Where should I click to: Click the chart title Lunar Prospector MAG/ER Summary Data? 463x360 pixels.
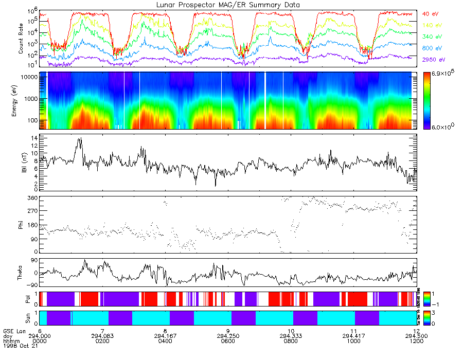(228, 5)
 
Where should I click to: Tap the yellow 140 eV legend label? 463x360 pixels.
(430, 25)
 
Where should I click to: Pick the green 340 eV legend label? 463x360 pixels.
(430, 37)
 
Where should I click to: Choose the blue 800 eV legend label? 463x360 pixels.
(430, 48)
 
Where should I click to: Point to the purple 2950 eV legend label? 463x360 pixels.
(432, 60)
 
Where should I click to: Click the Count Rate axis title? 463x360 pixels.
(21, 40)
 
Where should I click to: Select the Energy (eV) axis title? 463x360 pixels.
(21, 101)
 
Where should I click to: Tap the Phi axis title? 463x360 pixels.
(21, 224)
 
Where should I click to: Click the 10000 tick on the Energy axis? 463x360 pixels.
(28, 77)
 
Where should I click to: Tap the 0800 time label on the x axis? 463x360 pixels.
(291, 340)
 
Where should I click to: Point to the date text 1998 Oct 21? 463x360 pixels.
(17, 346)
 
